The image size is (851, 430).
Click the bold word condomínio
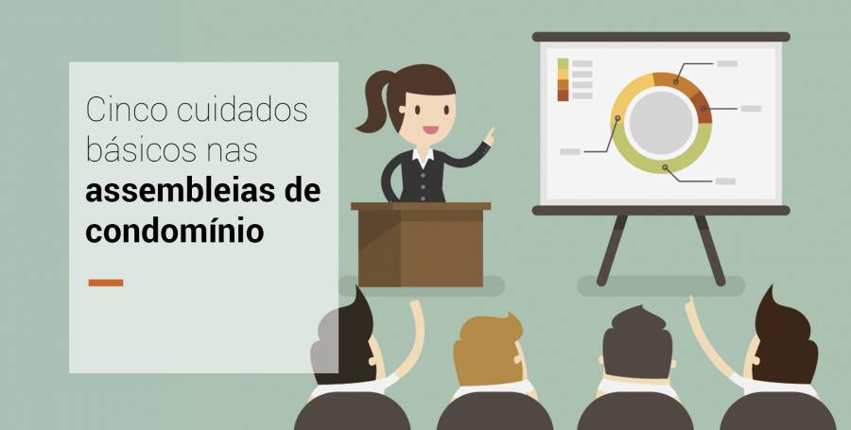pos(175,230)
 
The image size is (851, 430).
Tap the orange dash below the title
pos(105,282)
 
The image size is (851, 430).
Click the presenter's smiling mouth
pos(431,130)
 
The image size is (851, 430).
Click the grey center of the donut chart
pos(661,123)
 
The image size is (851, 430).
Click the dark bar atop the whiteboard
pos(661,37)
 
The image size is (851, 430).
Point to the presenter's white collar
pos(423,155)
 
